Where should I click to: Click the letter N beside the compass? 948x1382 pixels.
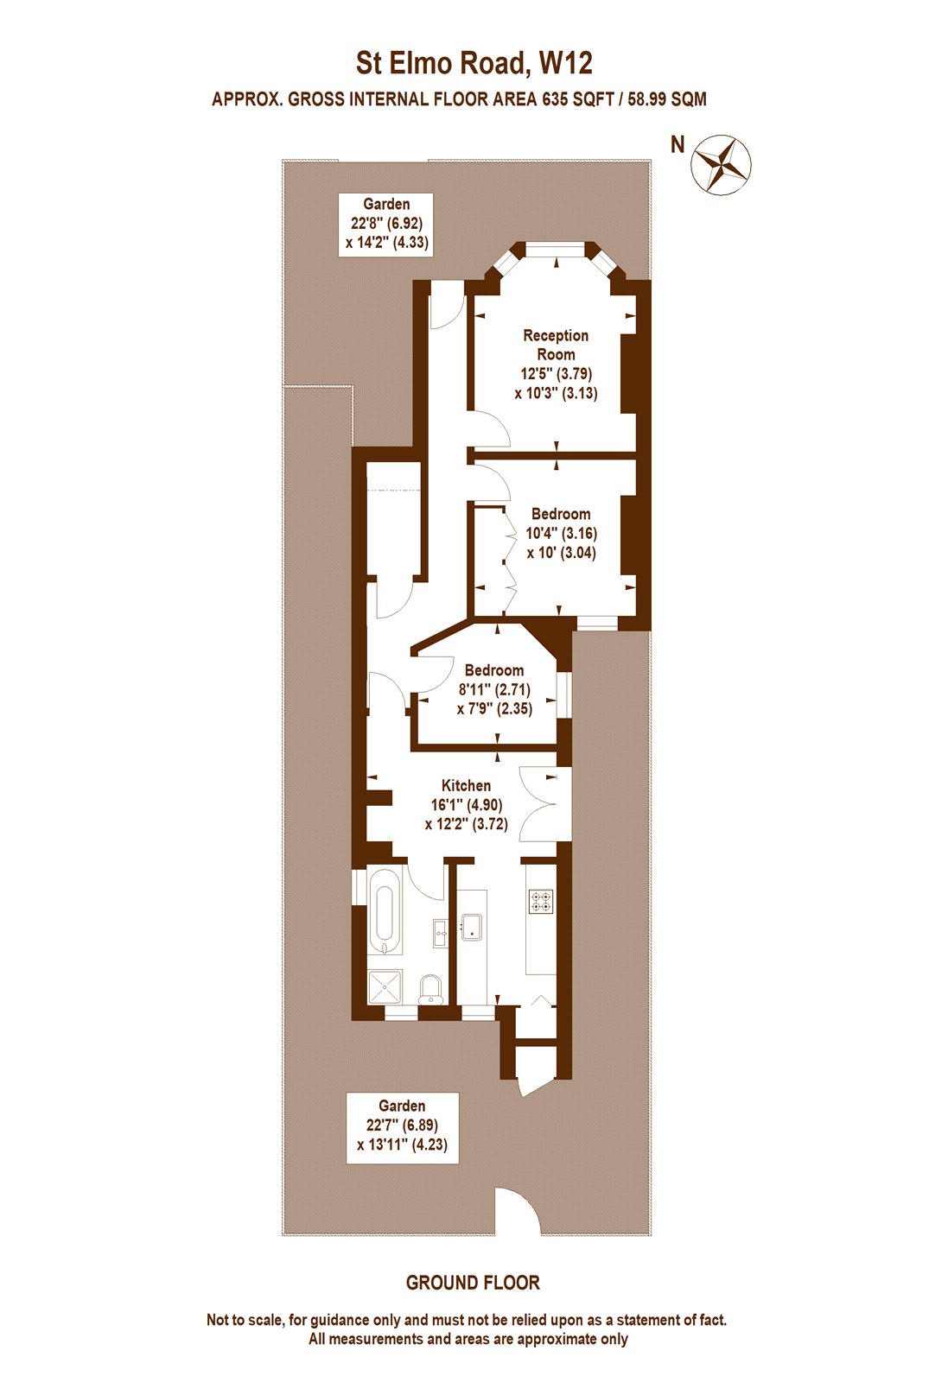pos(678,145)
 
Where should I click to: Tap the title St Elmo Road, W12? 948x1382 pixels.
pos(474,64)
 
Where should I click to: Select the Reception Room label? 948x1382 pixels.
pos(556,345)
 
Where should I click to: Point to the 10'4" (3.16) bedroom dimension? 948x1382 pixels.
pos(561,534)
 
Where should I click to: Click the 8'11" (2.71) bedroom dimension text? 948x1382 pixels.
pos(494,689)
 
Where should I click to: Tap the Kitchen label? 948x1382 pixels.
pos(466,785)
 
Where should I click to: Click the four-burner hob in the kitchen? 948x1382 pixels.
pos(540,902)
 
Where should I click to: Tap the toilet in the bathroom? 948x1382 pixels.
pos(429,989)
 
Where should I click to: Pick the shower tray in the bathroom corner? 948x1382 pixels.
pos(385,986)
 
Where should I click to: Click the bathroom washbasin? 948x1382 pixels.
pos(439,931)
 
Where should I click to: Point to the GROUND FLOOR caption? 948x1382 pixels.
pos(473,1283)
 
